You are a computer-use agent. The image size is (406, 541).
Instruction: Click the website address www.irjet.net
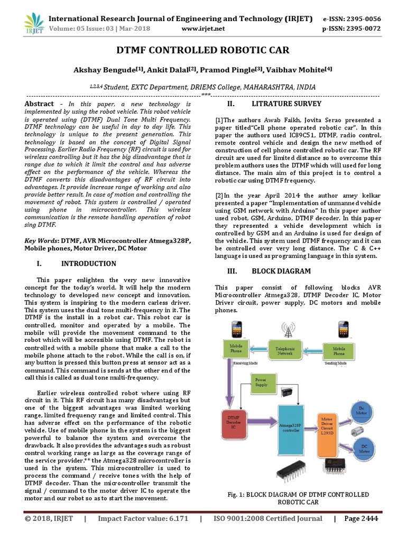[203, 29]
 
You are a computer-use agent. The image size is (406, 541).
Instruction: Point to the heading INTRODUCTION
[89, 264]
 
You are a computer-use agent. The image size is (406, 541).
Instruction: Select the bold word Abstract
[40, 104]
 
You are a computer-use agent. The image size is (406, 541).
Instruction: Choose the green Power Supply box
[261, 383]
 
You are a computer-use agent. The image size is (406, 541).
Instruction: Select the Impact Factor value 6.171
[177, 519]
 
